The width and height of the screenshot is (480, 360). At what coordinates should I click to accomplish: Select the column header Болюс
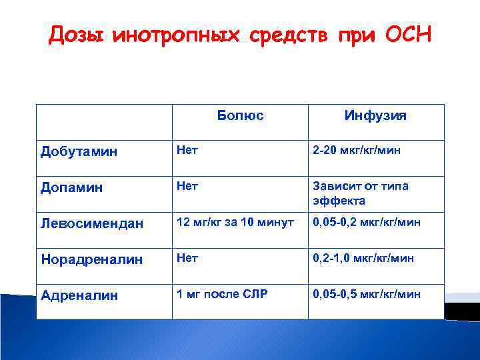240,115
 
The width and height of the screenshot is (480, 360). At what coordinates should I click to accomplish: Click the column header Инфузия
375,116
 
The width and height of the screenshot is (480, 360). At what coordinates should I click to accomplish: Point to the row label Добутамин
79,151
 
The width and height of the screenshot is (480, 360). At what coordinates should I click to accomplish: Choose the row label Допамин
72,188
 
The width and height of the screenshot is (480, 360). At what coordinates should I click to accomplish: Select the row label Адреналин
79,295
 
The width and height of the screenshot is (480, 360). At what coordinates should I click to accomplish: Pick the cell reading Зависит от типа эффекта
359,193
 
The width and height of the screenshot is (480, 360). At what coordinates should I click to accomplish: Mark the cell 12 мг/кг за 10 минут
235,222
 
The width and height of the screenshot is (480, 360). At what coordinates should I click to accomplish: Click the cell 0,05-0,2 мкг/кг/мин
366,222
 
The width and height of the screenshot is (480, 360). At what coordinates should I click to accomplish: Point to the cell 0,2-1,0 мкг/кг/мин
363,258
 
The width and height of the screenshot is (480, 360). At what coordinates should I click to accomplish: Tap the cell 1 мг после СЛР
221,293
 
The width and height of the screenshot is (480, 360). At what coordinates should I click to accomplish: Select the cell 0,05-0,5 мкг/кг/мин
366,293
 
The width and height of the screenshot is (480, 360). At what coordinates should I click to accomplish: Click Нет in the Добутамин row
187,150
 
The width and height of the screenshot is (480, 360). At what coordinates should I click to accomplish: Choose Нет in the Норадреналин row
187,258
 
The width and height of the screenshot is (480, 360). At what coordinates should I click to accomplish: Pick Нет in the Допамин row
187,187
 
